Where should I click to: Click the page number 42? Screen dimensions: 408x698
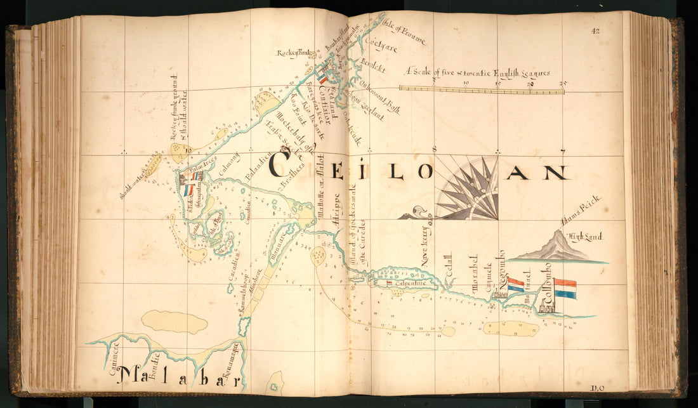[595, 30]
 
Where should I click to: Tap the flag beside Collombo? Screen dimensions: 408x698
[565, 289]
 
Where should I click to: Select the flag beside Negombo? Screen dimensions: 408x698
[516, 285]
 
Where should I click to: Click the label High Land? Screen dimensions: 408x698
[584, 237]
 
